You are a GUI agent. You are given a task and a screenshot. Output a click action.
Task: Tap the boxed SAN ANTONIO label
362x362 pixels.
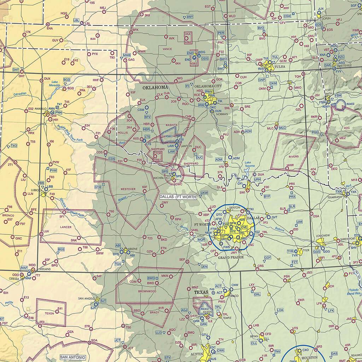point(72,357)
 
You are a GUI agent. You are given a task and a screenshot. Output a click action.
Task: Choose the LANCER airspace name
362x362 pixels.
point(66,227)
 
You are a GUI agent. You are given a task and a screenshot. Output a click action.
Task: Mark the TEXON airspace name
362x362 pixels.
point(49,314)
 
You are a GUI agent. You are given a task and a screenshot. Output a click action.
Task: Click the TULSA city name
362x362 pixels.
point(280,66)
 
